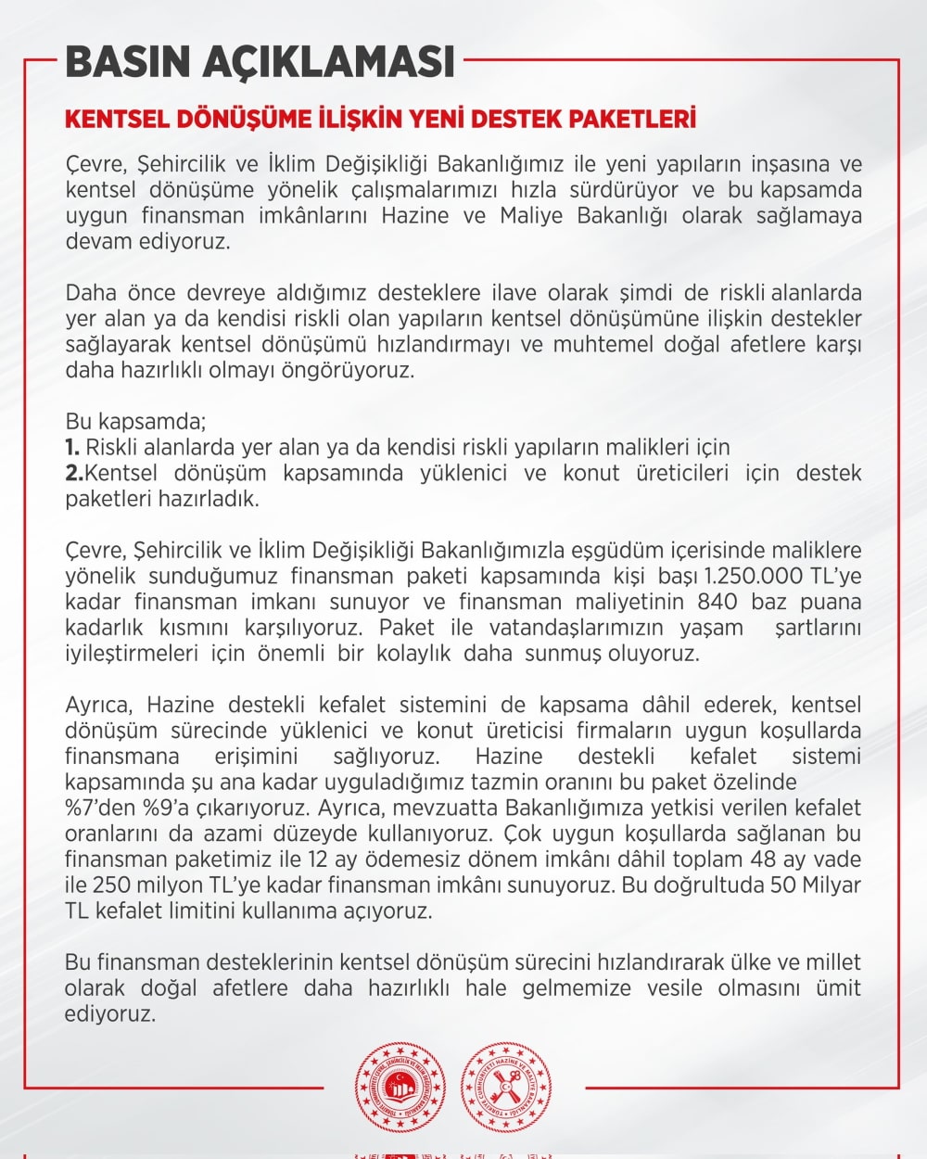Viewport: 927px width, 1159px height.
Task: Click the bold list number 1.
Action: pos(71,447)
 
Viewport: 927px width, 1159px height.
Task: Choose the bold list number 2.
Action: pos(73,473)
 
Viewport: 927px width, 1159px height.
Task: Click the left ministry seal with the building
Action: pos(400,1088)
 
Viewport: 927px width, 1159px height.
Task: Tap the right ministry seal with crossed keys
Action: pos(506,1088)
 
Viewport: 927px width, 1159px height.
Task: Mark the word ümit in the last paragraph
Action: pos(838,988)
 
